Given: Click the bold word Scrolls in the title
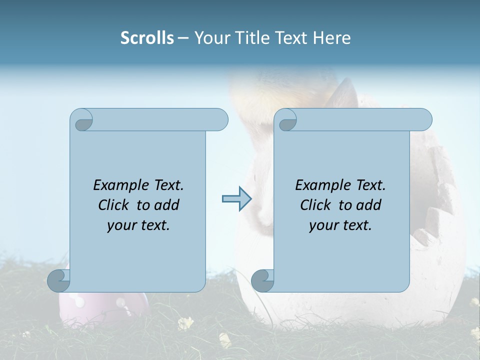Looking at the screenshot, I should [147, 38].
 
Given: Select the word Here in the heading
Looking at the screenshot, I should [331, 38].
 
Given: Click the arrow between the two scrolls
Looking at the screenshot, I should [236, 198].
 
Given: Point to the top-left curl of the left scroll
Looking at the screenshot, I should [82, 120].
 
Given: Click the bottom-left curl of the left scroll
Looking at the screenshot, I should [58, 280].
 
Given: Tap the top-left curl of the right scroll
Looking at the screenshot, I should [287, 120].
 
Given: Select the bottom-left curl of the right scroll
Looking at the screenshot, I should [262, 280].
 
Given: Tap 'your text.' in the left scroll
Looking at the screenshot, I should [138, 225].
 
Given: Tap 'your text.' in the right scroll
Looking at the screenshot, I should [340, 225].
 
